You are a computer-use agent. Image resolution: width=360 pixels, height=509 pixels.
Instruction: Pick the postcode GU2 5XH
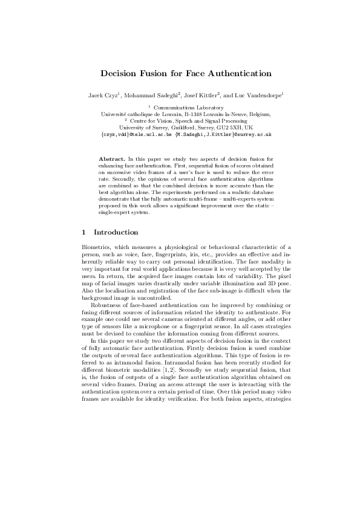[x=229, y=128]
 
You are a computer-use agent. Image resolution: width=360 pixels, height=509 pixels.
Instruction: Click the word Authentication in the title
[x=238, y=74]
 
